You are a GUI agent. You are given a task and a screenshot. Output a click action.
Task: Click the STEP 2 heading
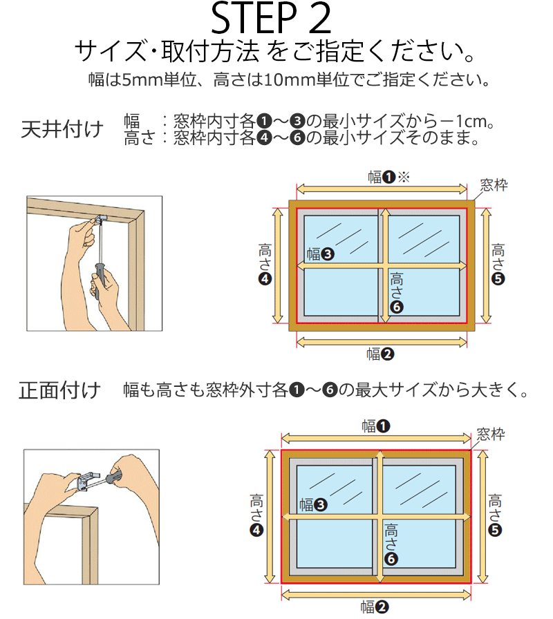click(271, 18)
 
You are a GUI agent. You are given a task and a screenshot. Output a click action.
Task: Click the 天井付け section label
click(62, 129)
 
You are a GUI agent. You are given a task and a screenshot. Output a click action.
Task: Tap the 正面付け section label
click(59, 390)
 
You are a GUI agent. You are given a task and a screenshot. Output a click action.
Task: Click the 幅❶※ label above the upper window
click(388, 176)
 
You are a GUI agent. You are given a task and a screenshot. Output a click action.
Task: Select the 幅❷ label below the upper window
click(380, 354)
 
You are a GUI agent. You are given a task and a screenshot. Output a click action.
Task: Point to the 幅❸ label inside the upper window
click(320, 254)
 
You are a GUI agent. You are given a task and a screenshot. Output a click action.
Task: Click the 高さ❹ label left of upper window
click(265, 264)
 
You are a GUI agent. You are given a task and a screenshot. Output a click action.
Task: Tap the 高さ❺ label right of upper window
click(498, 264)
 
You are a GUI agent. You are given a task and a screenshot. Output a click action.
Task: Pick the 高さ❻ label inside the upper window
click(397, 292)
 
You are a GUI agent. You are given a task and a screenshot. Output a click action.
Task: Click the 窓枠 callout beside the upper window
click(494, 184)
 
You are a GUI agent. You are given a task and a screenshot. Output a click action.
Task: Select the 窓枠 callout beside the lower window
click(491, 435)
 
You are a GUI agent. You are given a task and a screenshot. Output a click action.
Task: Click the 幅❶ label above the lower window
click(376, 426)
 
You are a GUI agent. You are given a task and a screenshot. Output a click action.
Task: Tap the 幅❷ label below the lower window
click(375, 607)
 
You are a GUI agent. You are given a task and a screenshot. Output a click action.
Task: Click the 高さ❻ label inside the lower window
click(391, 544)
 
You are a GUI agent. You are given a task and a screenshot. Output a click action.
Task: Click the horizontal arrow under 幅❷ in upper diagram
click(382, 342)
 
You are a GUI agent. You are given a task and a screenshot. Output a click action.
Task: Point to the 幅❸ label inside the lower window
click(313, 504)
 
